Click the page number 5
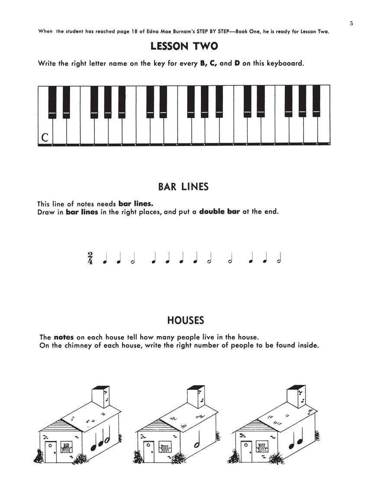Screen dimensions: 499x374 (x=351, y=23)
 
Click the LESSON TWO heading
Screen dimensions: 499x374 (x=184, y=46)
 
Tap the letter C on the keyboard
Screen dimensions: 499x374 (x=45, y=137)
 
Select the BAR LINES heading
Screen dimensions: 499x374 (x=184, y=187)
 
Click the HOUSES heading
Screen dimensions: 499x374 (x=185, y=321)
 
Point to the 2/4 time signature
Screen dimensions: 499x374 (x=90, y=258)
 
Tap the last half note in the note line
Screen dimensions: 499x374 (x=279, y=259)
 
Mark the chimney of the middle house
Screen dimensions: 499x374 (x=196, y=396)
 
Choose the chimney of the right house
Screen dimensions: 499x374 (x=294, y=396)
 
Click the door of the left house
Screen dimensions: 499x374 (x=51, y=452)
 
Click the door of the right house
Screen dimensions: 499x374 (x=247, y=452)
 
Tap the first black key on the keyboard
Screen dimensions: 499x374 (x=52, y=102)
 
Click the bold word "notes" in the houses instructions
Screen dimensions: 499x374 (x=64, y=337)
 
